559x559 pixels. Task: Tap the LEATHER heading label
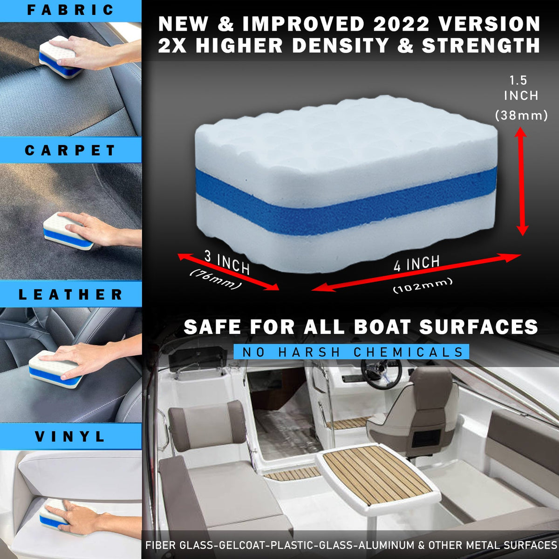71,294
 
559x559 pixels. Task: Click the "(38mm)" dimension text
521,115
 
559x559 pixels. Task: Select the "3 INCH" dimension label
227,262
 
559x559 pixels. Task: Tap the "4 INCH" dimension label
417,264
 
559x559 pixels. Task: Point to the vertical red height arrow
522,182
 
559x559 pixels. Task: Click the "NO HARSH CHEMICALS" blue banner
351,352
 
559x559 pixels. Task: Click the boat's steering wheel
381,373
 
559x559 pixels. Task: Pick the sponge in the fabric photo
61,57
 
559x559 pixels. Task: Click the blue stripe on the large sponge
345,200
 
